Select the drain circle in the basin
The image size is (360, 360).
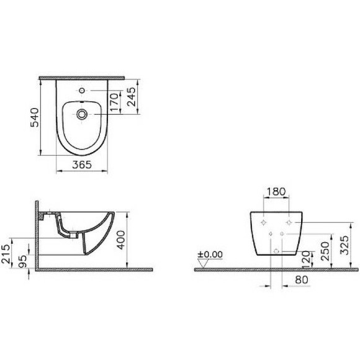click(82, 114)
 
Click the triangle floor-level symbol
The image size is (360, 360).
click(202, 263)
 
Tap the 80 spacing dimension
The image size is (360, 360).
click(302, 281)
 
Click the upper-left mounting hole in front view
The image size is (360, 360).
click(264, 222)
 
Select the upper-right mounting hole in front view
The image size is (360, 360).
click(289, 222)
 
